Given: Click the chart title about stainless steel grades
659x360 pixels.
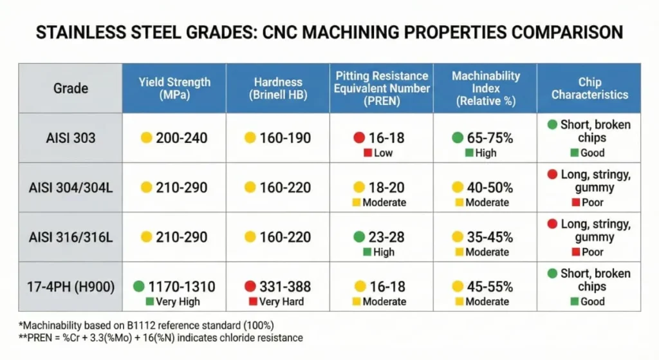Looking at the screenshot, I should point(329,32).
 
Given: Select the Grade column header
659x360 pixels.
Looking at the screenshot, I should point(70,88).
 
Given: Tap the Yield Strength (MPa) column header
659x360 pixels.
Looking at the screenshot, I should point(174,88).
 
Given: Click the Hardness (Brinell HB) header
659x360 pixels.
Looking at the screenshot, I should point(277,88).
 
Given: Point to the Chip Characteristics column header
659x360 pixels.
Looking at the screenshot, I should point(589,88).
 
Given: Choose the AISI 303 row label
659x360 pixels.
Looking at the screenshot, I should point(70,138).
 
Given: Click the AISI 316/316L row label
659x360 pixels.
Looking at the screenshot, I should point(70,237).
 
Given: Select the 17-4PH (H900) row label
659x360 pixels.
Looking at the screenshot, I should point(70,287).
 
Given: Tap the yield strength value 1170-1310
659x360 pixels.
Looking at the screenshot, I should point(181,286).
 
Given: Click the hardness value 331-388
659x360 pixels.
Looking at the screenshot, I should point(285,286).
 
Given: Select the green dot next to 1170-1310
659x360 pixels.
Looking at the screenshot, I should point(138,287).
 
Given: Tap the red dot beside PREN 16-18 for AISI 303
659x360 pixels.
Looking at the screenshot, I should point(359,138).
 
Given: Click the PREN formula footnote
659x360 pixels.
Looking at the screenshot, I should point(160,337).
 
